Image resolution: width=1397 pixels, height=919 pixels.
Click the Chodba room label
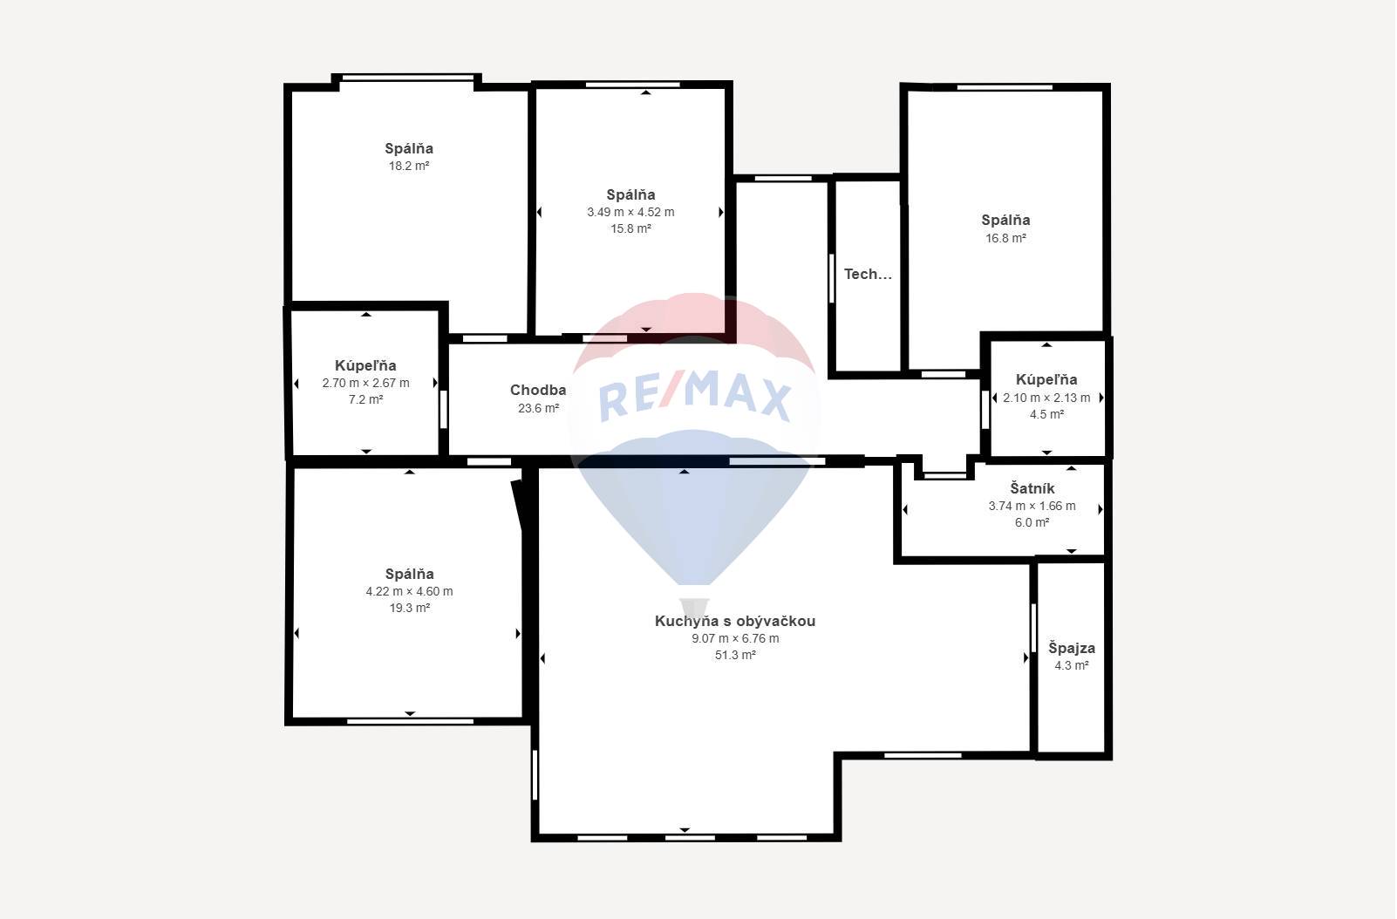[x=538, y=391]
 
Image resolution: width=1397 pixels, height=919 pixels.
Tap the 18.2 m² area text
[x=409, y=166]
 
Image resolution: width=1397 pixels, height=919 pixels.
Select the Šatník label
[x=1032, y=488]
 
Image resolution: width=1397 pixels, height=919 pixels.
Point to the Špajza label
[x=1072, y=648]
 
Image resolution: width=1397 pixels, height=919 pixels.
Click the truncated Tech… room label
[x=868, y=274]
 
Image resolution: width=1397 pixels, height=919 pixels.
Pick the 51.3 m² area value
[x=735, y=656]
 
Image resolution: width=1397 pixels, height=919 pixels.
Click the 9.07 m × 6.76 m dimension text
[x=735, y=638]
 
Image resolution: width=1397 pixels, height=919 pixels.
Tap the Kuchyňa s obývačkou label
[x=735, y=621]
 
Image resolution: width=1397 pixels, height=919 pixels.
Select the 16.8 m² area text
[x=1005, y=238]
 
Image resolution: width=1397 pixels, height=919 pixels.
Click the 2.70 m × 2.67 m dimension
[x=365, y=383]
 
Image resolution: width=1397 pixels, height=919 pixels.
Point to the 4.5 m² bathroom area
[x=1046, y=415]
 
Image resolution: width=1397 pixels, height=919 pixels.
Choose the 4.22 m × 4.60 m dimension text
[x=409, y=591]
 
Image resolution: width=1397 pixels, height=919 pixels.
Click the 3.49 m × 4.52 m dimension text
[x=630, y=212]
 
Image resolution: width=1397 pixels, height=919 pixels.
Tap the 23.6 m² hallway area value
[x=538, y=408]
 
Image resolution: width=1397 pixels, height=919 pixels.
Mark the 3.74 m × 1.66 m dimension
[x=1032, y=506]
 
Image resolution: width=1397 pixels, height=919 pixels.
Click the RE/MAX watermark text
[x=695, y=395]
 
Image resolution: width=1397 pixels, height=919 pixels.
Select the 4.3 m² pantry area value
[x=1072, y=666]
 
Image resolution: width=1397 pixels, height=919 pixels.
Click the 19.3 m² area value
[x=409, y=608]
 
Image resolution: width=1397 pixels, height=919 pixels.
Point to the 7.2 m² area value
[x=365, y=399]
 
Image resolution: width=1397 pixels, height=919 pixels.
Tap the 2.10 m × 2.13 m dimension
[x=1046, y=398]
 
